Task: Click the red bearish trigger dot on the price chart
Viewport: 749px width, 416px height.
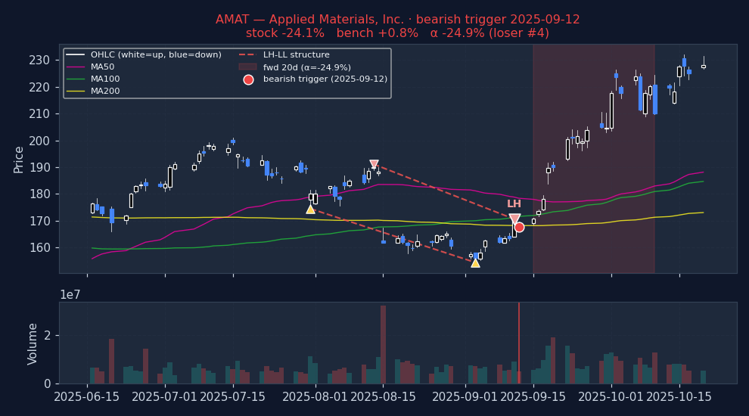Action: tap(519, 227)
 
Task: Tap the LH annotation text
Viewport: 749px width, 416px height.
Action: tap(514, 204)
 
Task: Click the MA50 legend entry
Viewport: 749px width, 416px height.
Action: tap(102, 67)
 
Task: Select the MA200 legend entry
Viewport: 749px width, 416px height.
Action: tap(105, 92)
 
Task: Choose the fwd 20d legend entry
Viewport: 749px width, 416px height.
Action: tap(306, 67)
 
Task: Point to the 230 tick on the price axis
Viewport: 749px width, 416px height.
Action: tap(40, 61)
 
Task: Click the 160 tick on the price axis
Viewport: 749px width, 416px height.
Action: tap(40, 248)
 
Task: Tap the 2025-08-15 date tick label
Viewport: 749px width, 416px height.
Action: tap(383, 397)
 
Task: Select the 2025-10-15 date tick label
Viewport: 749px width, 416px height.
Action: tap(679, 397)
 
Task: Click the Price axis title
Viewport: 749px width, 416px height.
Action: tap(19, 160)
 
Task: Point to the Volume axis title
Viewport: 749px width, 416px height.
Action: tap(33, 343)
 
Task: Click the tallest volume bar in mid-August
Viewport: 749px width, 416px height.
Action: tap(383, 344)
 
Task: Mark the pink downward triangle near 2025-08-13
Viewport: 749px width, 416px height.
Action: tap(374, 164)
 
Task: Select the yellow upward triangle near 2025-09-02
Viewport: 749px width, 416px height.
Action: tap(475, 262)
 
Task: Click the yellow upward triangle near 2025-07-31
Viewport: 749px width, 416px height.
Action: tap(310, 209)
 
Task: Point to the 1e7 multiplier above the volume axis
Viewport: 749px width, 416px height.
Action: tap(70, 294)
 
